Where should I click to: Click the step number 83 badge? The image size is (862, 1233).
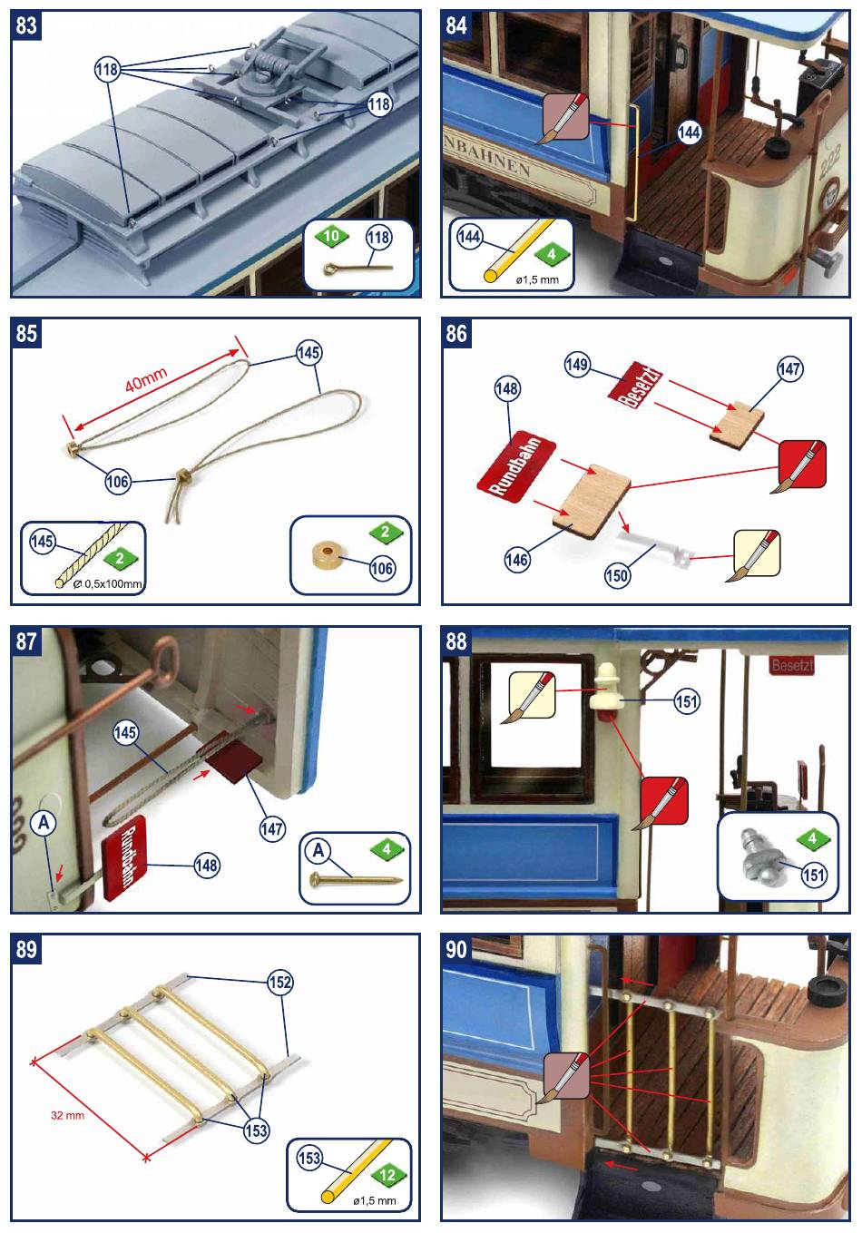pos(26,25)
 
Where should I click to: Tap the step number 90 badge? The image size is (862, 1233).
pos(456,949)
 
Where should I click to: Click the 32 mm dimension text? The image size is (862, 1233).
pos(67,1115)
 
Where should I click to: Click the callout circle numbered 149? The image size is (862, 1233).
pos(577,366)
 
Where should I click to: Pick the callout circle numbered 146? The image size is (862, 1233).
pos(516,561)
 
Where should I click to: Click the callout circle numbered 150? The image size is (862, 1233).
pos(617,573)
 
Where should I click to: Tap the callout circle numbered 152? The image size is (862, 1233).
pos(280,983)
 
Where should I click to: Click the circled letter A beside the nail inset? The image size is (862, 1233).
pos(318,850)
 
